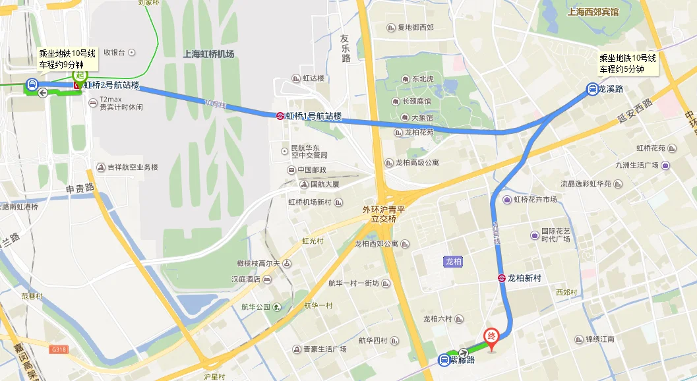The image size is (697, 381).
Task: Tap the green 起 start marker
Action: click(x=80, y=74)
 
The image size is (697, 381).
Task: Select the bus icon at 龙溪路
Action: click(x=592, y=88)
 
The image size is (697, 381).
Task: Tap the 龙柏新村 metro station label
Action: click(x=524, y=278)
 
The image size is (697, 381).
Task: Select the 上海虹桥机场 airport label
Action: click(x=208, y=54)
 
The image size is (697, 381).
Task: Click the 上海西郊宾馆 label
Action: click(x=593, y=12)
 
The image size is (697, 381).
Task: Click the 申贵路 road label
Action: click(x=80, y=188)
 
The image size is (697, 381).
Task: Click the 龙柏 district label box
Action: click(x=453, y=262)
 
